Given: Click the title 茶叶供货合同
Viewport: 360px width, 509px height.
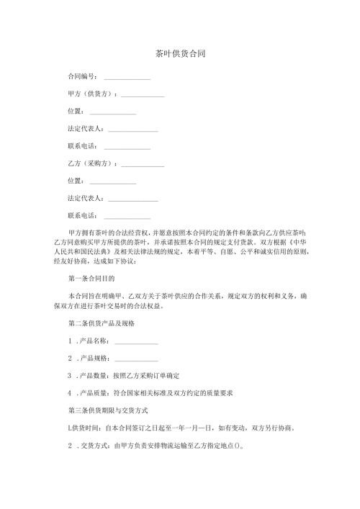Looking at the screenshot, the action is pyautogui.click(x=180, y=54).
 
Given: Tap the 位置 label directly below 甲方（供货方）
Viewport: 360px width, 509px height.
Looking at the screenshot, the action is pyautogui.click(x=74, y=112).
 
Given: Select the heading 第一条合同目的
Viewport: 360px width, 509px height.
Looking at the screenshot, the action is pyautogui.click(x=91, y=277).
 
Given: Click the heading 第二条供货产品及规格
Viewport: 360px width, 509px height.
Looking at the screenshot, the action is pyautogui.click(x=100, y=323).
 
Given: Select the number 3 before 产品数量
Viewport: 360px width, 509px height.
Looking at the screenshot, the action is pyautogui.click(x=69, y=376).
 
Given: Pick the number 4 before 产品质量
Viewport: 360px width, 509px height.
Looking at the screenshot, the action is pyautogui.click(x=69, y=393).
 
